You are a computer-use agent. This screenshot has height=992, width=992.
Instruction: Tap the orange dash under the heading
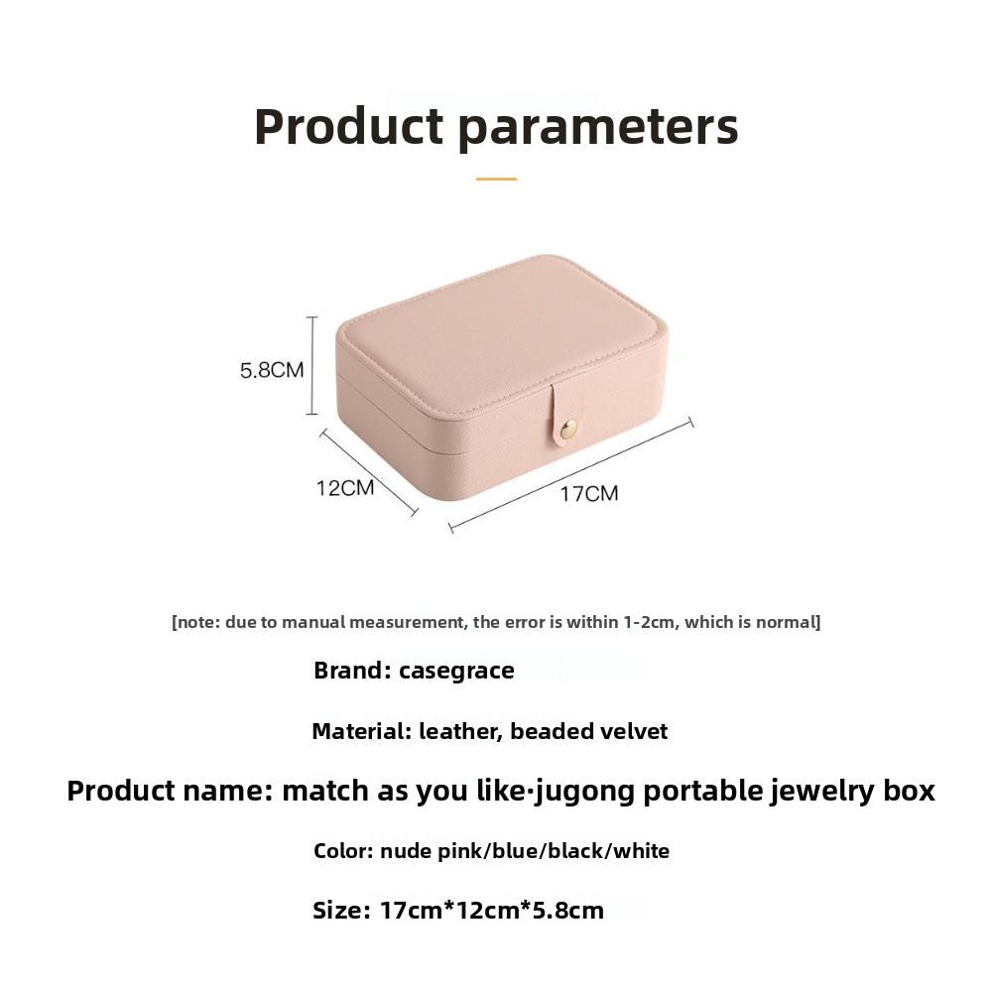pyautogui.click(x=496, y=179)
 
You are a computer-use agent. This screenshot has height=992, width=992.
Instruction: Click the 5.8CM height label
pyautogui.click(x=271, y=370)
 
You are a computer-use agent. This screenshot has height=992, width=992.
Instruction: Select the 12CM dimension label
pyautogui.click(x=345, y=488)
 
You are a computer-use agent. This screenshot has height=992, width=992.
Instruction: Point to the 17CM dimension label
pyautogui.click(x=588, y=493)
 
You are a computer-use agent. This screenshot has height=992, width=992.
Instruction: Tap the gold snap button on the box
pyautogui.click(x=568, y=429)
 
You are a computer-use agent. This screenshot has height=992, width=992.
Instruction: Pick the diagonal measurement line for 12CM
pyautogui.click(x=368, y=472)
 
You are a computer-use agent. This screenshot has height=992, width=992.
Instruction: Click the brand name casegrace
pyautogui.click(x=456, y=671)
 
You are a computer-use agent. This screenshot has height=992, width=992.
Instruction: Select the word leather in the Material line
pyautogui.click(x=460, y=732)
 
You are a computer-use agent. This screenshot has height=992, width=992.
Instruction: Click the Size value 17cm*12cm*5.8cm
pyautogui.click(x=491, y=911)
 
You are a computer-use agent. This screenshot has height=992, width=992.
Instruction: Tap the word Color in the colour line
pyautogui.click(x=342, y=851)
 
